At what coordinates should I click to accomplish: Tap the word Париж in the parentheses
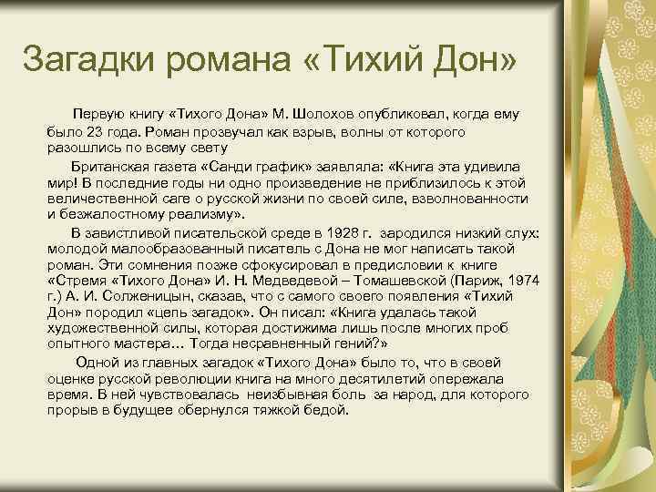click(487, 278)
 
